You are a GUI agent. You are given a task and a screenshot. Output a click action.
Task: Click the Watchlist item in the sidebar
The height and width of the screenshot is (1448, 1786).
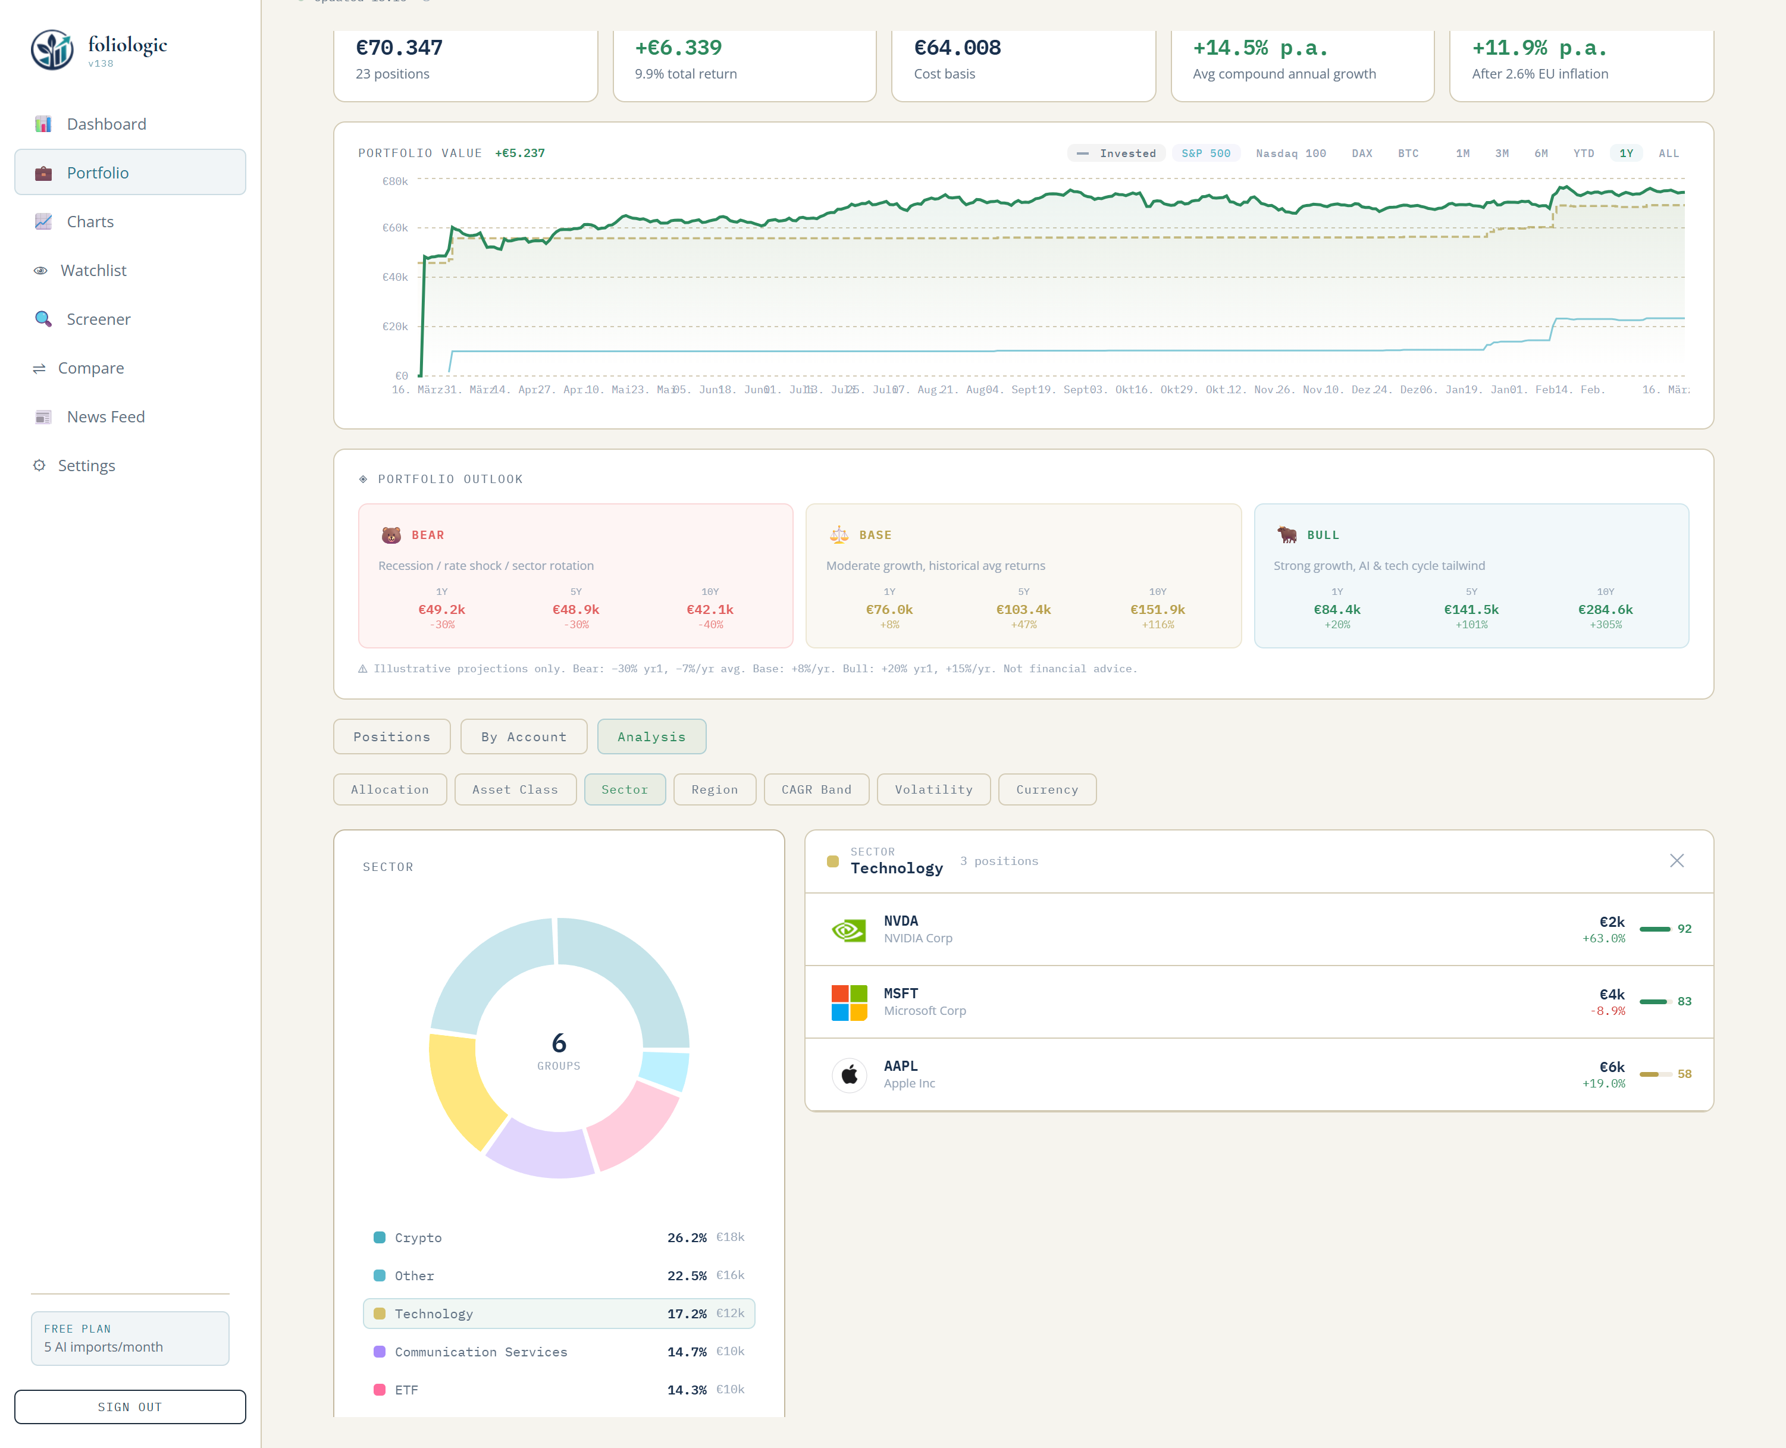coord(93,270)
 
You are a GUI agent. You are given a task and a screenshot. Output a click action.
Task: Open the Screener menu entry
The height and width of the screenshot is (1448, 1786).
coord(98,319)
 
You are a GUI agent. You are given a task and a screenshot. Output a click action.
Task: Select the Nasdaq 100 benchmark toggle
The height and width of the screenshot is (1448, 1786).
coord(1290,153)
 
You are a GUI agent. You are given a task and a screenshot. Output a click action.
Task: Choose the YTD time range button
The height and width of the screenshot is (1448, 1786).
coord(1583,153)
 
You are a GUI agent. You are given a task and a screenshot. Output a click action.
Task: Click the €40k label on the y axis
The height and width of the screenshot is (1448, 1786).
coord(394,277)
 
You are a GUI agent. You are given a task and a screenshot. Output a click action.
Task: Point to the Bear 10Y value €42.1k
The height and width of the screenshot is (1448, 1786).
coord(709,610)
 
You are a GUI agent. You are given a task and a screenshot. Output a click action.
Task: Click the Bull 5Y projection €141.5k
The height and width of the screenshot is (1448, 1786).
coord(1471,610)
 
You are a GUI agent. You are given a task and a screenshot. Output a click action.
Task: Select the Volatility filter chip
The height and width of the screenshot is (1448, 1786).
coord(933,789)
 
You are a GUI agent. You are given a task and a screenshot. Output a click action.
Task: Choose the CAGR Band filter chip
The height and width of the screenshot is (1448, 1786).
coord(816,789)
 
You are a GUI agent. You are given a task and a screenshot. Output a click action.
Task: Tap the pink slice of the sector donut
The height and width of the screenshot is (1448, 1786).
coord(635,1123)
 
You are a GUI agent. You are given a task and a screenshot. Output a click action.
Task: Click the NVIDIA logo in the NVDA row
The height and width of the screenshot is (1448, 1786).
coord(848,929)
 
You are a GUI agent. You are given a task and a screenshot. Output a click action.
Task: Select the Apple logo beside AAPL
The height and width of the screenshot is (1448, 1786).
coord(848,1074)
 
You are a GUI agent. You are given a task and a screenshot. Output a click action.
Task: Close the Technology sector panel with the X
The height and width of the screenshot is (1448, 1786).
coord(1676,861)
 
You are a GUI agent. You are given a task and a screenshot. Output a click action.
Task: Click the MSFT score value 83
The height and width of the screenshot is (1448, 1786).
coord(1684,1001)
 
